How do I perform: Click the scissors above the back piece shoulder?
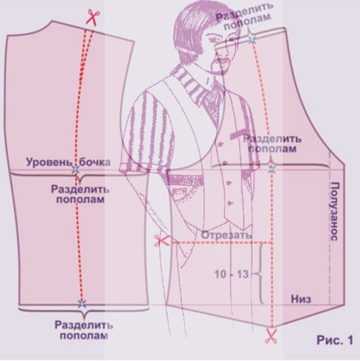tap(92, 17)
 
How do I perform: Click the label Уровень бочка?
tap(69, 162)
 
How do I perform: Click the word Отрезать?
tap(226, 234)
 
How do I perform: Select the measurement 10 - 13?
tap(232, 274)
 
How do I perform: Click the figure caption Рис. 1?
tap(335, 340)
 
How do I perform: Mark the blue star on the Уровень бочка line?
tap(76, 170)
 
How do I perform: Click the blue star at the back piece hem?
tap(81, 304)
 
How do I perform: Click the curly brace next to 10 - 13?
tap(260, 273)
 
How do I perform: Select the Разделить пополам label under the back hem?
tap(83, 330)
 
